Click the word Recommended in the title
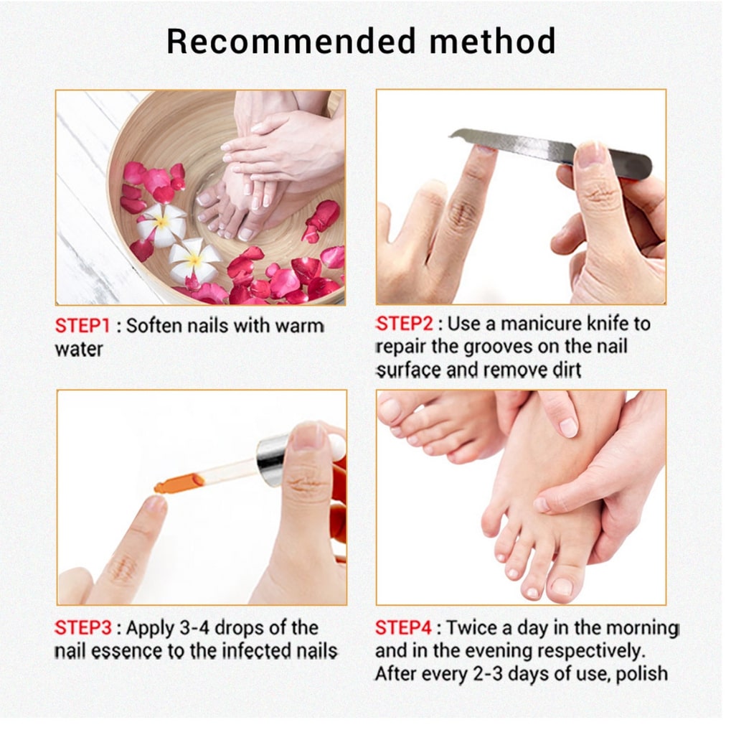click(291, 41)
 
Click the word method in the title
click(493, 41)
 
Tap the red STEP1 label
click(82, 326)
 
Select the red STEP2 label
click(405, 324)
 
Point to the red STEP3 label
click(83, 627)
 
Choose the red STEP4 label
click(403, 627)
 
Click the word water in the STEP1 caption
click(79, 350)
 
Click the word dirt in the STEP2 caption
click(566, 370)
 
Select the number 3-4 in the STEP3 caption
click(194, 627)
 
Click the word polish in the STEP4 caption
click(642, 675)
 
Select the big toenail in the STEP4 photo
click(562, 587)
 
